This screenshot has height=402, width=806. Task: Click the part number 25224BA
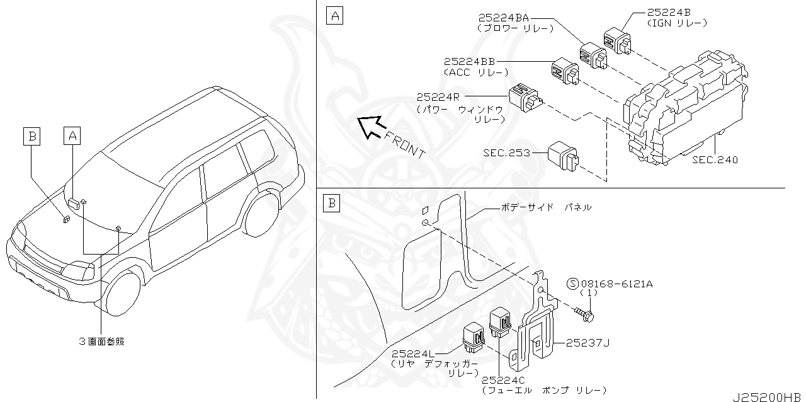tap(503, 19)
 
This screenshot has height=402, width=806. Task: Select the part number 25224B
tap(670, 13)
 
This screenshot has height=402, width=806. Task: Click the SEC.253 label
tap(506, 152)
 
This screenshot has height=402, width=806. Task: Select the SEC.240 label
tap(715, 160)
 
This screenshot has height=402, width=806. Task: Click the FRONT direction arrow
tap(370, 126)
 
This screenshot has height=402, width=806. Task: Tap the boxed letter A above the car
tap(72, 134)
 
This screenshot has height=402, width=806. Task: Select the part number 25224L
tap(418, 355)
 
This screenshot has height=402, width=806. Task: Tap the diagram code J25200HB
tap(768, 397)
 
